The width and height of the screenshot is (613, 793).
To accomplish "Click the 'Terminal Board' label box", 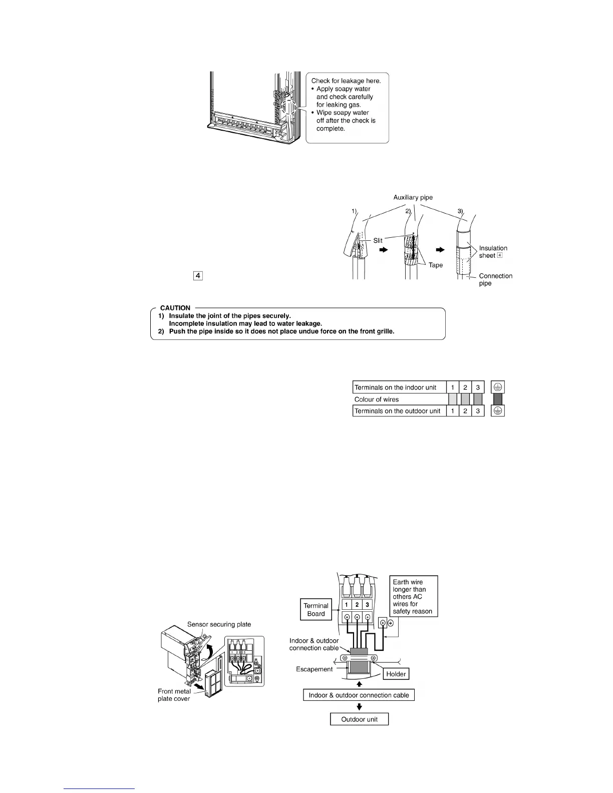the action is click(x=316, y=609).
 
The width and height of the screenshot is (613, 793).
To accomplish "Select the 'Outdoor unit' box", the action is click(x=359, y=719).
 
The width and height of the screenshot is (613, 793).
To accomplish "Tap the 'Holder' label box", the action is click(x=396, y=674).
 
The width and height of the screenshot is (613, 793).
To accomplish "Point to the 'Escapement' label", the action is click(x=314, y=669).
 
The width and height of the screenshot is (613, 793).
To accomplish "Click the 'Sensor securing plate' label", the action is click(x=219, y=624).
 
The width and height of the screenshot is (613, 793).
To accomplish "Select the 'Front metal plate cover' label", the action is click(x=174, y=695).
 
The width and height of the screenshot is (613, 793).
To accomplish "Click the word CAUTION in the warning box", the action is click(x=175, y=308).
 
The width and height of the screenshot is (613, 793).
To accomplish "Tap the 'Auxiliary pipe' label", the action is click(x=413, y=197).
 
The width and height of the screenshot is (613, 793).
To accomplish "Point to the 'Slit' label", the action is click(x=378, y=241).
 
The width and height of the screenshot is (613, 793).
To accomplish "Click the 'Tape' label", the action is click(x=436, y=265).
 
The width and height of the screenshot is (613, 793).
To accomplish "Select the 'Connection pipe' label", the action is click(x=495, y=279).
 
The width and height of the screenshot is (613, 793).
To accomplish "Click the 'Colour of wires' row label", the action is click(x=377, y=400).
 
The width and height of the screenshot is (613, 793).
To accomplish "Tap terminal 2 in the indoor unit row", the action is click(x=465, y=387).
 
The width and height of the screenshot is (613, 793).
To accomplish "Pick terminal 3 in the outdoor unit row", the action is click(x=478, y=411).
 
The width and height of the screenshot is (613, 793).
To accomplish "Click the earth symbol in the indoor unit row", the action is click(x=498, y=387).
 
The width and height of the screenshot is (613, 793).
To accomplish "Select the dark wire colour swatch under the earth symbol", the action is click(x=498, y=399).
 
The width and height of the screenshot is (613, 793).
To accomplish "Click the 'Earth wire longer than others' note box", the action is click(x=414, y=597).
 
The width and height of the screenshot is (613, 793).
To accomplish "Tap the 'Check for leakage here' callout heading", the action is click(x=346, y=81).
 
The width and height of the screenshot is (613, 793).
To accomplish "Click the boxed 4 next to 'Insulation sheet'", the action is click(x=499, y=255).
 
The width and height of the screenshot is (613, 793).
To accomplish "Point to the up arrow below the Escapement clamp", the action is click(x=359, y=683).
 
